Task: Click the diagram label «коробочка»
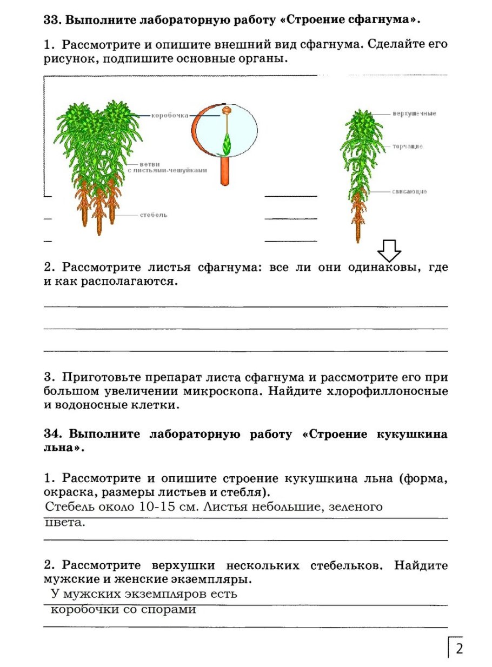(x=169, y=115)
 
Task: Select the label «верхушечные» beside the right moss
(x=414, y=114)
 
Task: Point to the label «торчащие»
(x=408, y=146)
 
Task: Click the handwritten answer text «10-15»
(x=159, y=507)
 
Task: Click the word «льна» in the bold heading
(x=61, y=448)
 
